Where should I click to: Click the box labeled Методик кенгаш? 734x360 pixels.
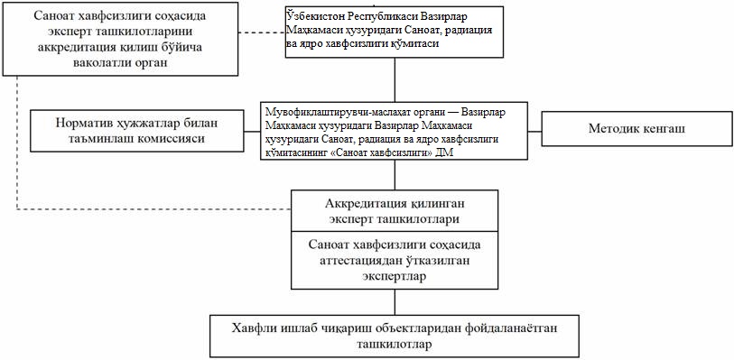[636, 128]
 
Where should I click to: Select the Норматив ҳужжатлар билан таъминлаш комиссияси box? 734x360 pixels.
[137, 131]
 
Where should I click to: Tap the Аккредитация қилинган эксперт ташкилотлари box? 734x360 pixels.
[395, 211]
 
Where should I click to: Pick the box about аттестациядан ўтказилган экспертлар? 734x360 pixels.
[395, 260]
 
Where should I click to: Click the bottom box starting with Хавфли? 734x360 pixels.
[395, 337]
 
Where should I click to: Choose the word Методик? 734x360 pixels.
[610, 128]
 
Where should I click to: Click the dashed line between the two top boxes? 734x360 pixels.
[262, 32]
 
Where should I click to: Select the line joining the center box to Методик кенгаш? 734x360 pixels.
[534, 132]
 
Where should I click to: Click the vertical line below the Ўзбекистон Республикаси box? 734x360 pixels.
[395, 79]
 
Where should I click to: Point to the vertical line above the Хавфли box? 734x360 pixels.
[395, 302]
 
